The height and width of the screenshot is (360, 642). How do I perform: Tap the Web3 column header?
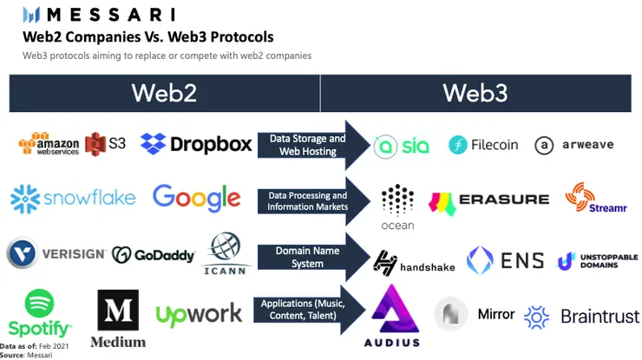coord(475,93)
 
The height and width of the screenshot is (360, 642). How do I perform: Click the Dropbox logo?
coord(196,143)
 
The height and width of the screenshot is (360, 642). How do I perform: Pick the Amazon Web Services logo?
coord(49,144)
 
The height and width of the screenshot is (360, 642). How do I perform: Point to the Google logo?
coord(196,198)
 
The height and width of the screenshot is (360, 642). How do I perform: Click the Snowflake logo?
coord(73,198)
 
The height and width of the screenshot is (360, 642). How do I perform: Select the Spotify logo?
coord(39,313)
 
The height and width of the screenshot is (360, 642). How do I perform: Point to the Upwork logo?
coord(199,313)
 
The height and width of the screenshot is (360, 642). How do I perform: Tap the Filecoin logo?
coord(484,145)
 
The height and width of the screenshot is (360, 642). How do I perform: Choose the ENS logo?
coord(505,259)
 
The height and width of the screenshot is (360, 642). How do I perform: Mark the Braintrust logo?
coord(581,316)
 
